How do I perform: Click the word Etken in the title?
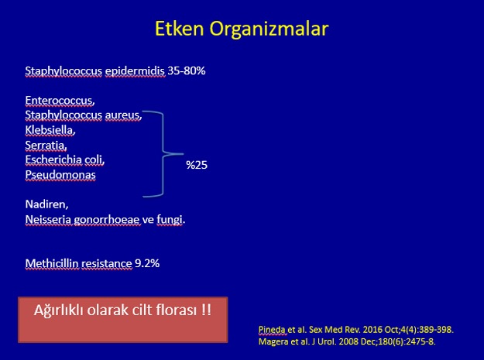pos(180,29)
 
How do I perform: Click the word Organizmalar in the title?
pos(269,29)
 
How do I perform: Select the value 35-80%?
pos(187,70)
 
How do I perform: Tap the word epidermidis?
pos(135,71)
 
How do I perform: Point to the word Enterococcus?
pos(60,100)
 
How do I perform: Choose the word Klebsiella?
pos(50,130)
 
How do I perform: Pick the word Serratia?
pos(46,145)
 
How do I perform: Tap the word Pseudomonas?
pos(60,175)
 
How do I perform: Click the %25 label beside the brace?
pos(197,165)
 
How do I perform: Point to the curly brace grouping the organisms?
pos(163,153)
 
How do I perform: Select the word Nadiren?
pos(47,204)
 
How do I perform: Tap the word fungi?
pos(170,220)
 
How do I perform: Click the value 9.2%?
pos(147,263)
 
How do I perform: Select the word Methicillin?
pos(52,263)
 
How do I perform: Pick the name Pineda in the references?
pos(272,330)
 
